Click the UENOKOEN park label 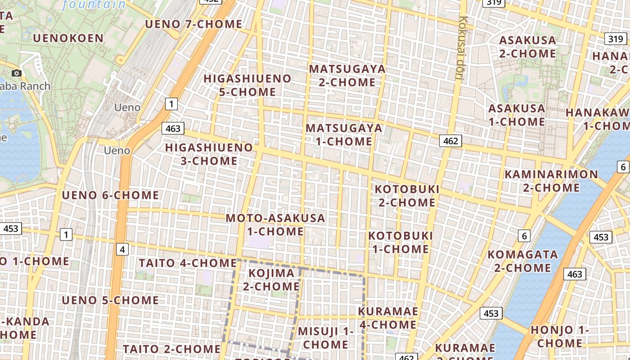tap(68, 38)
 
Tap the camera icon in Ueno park tap(17, 73)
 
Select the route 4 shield tap(122, 249)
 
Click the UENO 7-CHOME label tap(193, 24)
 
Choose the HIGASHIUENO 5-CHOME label tap(247, 85)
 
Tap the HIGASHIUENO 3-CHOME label tap(209, 154)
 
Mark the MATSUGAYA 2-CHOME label tap(347, 76)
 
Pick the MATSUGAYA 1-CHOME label tap(344, 135)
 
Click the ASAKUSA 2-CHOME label tap(527, 47)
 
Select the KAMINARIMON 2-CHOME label tap(551, 180)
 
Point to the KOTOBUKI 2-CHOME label tap(407, 196)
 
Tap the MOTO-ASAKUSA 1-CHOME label tap(275, 225)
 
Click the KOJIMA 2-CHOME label tap(271, 279)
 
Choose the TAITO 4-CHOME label tap(188, 263)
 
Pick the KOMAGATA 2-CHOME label tap(522, 261)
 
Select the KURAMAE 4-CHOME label tap(388, 318)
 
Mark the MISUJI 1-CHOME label tap(325, 338)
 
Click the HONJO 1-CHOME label tap(559, 336)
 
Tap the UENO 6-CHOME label tap(110, 195)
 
